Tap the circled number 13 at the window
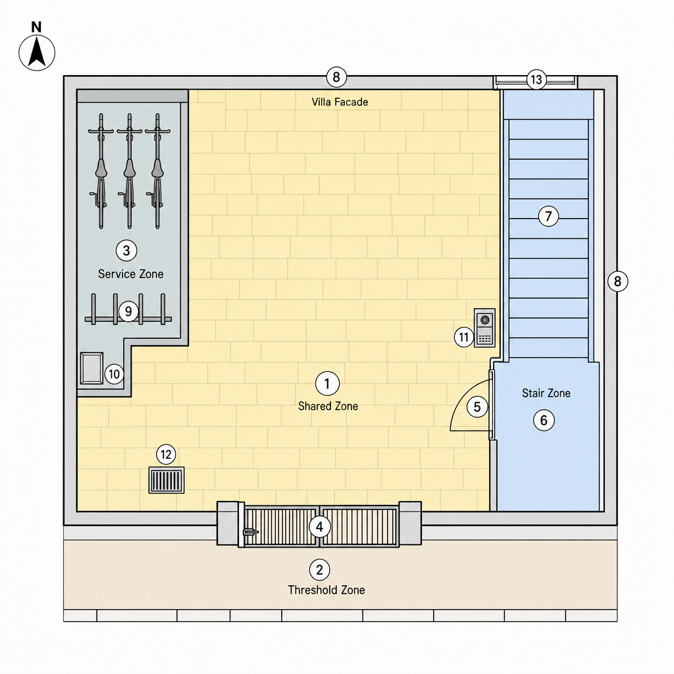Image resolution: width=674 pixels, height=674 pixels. click(536, 80)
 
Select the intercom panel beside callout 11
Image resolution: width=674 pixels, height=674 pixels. click(484, 328)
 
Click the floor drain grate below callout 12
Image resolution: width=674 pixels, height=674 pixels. click(167, 480)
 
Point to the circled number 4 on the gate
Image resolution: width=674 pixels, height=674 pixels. click(319, 527)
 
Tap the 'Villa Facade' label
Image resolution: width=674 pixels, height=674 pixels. click(340, 102)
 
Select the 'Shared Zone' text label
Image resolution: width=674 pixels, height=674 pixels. click(328, 406)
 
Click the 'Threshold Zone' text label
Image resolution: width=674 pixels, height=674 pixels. click(326, 590)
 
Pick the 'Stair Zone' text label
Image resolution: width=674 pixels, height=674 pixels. click(546, 393)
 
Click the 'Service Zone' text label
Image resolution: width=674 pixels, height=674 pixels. click(131, 274)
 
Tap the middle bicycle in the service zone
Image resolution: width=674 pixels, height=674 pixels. click(130, 171)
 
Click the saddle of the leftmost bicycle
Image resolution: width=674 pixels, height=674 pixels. click(101, 168)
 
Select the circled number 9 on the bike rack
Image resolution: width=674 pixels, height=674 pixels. click(128, 311)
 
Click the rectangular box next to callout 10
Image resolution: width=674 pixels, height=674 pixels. click(91, 369)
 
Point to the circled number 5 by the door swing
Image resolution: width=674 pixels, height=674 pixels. click(477, 407)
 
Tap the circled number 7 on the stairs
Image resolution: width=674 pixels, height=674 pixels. click(548, 216)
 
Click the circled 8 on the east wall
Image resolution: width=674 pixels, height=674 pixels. click(617, 282)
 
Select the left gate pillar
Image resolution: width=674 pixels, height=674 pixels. click(228, 523)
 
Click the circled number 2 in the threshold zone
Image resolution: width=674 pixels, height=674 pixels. click(319, 569)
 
